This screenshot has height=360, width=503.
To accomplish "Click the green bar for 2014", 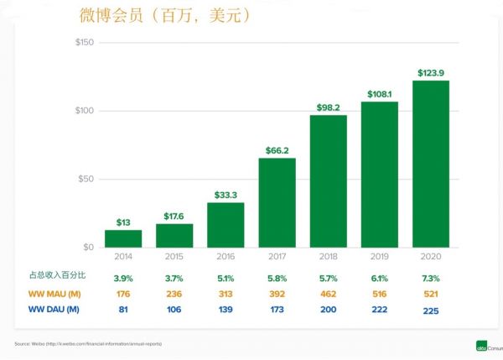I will (x=123, y=238).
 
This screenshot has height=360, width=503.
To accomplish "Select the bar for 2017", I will (x=277, y=202).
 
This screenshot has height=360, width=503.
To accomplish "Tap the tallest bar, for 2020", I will (x=431, y=164).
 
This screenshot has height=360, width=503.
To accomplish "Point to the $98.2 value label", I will (x=328, y=107).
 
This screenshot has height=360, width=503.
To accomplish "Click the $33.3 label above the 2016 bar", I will (x=225, y=195).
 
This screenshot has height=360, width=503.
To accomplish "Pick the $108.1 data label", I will (x=380, y=94).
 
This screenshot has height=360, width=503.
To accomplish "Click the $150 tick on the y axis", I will (x=84, y=43).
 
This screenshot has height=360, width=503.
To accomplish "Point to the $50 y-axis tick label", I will (x=86, y=180).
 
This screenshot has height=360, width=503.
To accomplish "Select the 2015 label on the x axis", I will (x=174, y=256).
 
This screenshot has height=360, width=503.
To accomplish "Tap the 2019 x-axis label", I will (x=380, y=256).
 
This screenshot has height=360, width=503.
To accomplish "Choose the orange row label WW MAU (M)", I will (x=53, y=293).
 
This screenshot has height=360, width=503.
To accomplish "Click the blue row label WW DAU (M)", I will (x=53, y=310).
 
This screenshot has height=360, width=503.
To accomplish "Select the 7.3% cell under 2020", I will (x=431, y=276).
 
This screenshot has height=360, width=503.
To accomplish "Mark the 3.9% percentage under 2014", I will (x=123, y=276).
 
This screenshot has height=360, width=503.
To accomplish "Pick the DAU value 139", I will (x=225, y=310).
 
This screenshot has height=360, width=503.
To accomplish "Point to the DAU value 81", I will (x=123, y=310).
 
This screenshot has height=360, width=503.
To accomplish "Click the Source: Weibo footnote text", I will (x=88, y=344).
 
